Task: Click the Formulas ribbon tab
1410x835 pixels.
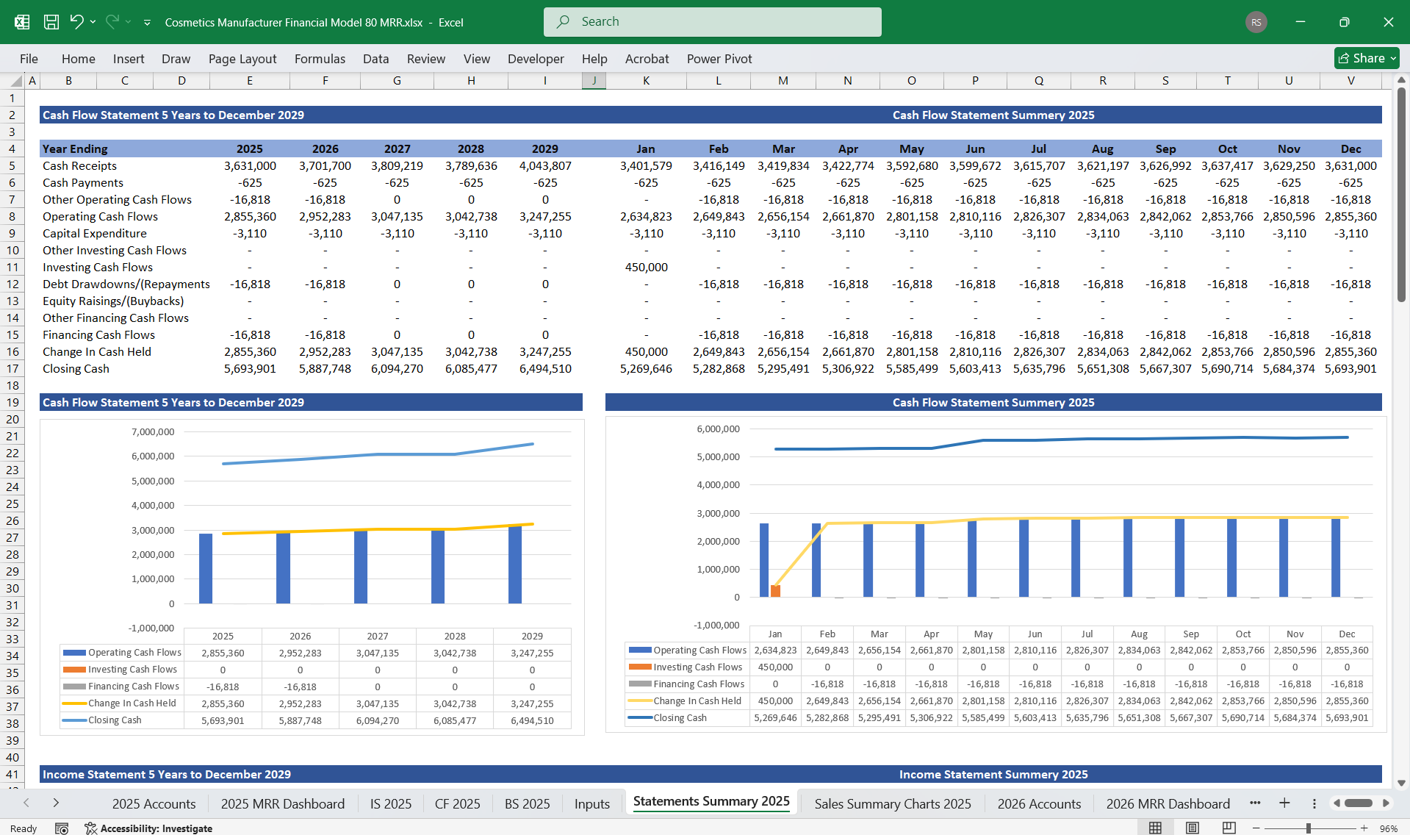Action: (x=320, y=59)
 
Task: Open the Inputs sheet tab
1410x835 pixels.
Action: (x=591, y=803)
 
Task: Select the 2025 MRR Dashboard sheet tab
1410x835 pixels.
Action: (x=282, y=803)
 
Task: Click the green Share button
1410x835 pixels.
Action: (x=1366, y=58)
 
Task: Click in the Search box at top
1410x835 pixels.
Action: (x=712, y=22)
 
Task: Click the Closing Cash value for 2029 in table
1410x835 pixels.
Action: (x=544, y=369)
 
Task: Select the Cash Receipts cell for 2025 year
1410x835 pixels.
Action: (x=250, y=166)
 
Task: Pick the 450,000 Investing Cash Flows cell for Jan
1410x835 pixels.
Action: (x=646, y=268)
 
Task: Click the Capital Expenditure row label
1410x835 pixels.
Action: (x=95, y=234)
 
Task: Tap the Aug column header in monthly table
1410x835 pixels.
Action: (x=1102, y=149)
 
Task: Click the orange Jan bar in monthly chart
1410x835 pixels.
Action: (x=775, y=590)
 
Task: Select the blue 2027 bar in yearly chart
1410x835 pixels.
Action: (x=361, y=566)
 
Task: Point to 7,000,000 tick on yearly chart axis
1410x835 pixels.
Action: (x=153, y=432)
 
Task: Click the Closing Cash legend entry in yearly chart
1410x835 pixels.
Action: (x=114, y=720)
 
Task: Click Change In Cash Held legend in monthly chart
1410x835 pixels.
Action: (x=697, y=701)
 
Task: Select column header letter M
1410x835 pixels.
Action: (x=783, y=81)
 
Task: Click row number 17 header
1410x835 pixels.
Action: (x=12, y=369)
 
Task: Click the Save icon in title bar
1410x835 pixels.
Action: (x=51, y=22)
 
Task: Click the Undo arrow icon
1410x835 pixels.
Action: (x=76, y=22)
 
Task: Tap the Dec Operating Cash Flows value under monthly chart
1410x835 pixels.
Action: (x=1346, y=651)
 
